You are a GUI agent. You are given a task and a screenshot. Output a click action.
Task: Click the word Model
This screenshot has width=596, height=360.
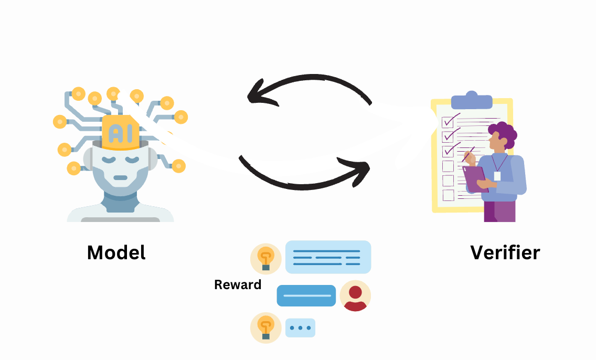pos(116,252)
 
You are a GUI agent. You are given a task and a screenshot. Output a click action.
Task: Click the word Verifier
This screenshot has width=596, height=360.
pos(505,252)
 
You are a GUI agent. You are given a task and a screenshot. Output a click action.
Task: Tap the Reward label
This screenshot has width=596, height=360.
pos(238,285)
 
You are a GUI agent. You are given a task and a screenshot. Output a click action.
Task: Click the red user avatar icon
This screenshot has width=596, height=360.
pos(355,296)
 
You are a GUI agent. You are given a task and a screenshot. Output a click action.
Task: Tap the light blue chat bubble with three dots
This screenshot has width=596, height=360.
pos(300,328)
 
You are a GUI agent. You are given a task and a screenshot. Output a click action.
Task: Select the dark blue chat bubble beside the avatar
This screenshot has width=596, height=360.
pos(306,295)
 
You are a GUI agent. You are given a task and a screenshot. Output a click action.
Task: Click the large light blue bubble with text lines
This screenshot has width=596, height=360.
pos(328,257)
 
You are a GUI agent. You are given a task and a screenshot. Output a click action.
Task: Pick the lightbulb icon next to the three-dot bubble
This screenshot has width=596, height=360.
pos(266,328)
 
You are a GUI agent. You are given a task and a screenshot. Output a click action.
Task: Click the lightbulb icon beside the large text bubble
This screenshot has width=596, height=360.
pos(266,259)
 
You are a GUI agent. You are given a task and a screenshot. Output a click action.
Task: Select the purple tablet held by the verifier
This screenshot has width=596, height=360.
pos(475,178)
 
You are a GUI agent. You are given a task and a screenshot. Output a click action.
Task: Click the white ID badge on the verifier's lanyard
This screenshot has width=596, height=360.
pos(497,176)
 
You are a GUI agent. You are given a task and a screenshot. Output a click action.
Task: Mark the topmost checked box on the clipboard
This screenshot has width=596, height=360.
pos(448,122)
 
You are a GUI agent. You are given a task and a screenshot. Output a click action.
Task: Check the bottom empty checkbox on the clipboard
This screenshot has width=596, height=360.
pos(448,195)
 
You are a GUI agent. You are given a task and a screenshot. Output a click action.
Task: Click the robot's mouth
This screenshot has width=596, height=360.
pos(120,177)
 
